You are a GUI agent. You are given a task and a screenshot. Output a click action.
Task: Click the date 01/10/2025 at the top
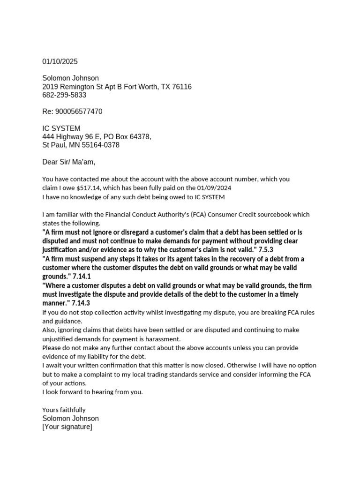click(x=60, y=61)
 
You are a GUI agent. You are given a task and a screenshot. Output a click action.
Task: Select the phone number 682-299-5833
click(x=64, y=95)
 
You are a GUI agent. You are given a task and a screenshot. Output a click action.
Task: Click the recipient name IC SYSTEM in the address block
click(x=61, y=128)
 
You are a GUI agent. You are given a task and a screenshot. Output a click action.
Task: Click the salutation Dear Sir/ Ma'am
click(x=68, y=162)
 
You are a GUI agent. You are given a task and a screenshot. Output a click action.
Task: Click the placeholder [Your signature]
click(x=67, y=427)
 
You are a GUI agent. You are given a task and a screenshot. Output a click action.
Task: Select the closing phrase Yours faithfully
click(x=64, y=410)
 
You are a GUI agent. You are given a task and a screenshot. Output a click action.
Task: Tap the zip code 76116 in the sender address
click(x=182, y=87)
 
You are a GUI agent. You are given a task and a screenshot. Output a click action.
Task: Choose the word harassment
click(x=165, y=339)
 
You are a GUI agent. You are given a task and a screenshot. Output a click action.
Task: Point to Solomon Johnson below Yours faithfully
click(x=70, y=418)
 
